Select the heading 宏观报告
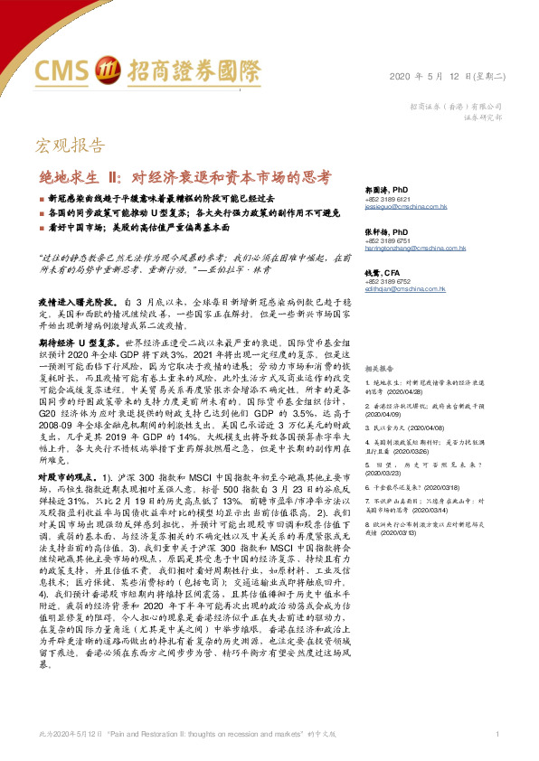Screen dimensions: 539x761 [62, 146]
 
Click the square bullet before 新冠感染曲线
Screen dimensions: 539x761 [41, 196]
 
